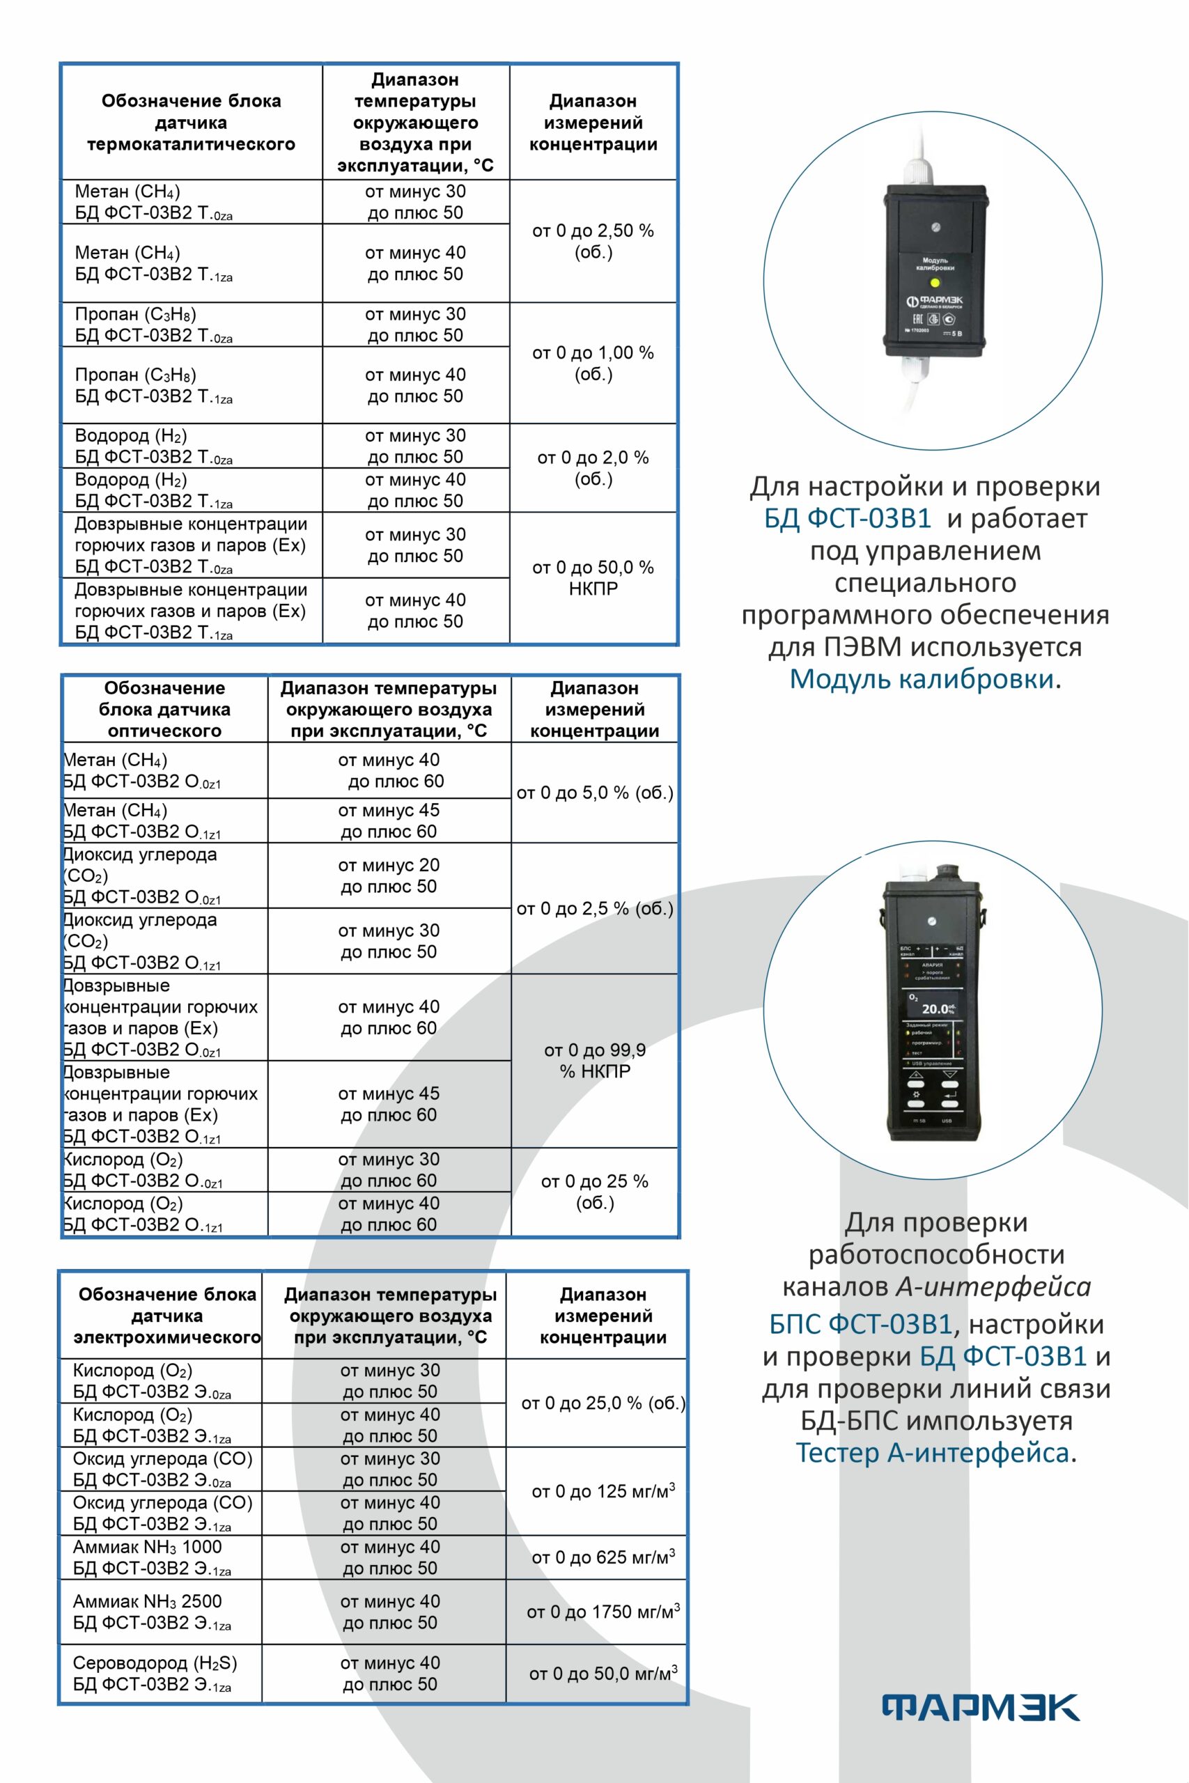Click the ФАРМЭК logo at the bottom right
(x=981, y=1707)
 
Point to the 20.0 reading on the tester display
(x=935, y=1009)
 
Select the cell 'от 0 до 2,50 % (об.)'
(x=593, y=241)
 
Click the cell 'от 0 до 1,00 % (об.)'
(x=593, y=363)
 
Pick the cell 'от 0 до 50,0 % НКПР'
(x=593, y=577)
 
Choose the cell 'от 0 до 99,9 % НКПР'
(x=595, y=1061)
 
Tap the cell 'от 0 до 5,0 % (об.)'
(x=595, y=793)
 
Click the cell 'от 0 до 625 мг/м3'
(x=603, y=1557)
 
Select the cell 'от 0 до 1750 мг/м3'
(x=603, y=1612)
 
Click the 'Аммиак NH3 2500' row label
(x=147, y=1601)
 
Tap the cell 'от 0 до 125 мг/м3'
(x=603, y=1491)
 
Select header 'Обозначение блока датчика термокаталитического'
(x=191, y=122)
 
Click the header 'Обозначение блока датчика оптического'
(x=164, y=710)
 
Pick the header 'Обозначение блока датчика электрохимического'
(x=167, y=1316)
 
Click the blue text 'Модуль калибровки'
(x=922, y=678)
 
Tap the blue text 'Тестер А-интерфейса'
(x=932, y=1452)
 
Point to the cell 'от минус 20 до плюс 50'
(x=388, y=875)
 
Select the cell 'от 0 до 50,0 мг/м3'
(x=603, y=1673)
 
